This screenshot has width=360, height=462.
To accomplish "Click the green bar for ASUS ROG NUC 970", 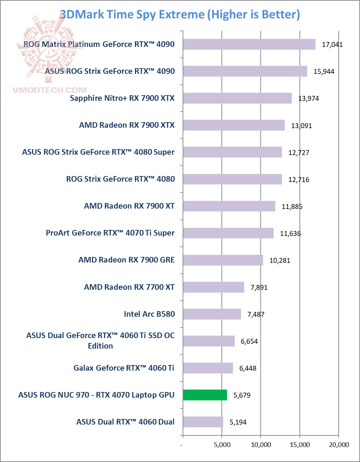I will [x=205, y=395].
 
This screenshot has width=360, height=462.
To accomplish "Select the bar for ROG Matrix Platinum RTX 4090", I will [x=249, y=44].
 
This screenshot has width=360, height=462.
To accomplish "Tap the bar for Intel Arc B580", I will [x=212, y=314].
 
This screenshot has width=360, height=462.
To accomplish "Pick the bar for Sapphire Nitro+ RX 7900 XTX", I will [x=237, y=98].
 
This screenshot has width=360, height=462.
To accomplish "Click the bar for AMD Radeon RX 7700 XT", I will [x=213, y=287].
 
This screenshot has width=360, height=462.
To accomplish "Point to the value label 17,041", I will [x=332, y=44].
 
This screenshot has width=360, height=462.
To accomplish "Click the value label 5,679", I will [x=242, y=395].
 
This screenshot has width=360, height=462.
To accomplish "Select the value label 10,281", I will [x=280, y=260].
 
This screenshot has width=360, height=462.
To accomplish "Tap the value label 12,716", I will [x=298, y=180].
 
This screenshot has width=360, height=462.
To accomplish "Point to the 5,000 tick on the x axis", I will [x=222, y=444].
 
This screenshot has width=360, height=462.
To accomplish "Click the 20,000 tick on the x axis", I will [x=339, y=444].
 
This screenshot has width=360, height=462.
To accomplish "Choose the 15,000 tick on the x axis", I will [x=300, y=444].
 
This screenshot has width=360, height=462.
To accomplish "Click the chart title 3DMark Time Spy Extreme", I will [x=180, y=15].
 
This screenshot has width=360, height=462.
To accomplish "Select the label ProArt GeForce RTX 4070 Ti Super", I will [x=110, y=233].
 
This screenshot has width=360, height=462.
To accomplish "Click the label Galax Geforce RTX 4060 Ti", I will [x=124, y=368].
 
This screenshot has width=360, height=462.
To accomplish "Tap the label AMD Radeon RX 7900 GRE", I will [x=126, y=260].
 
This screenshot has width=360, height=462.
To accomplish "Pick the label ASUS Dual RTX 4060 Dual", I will [x=125, y=422].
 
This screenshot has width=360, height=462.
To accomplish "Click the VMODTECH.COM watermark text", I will [x=50, y=90].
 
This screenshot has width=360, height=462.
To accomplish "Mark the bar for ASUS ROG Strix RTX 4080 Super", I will [x=232, y=152].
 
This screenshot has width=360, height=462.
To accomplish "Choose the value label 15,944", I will [x=324, y=71].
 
